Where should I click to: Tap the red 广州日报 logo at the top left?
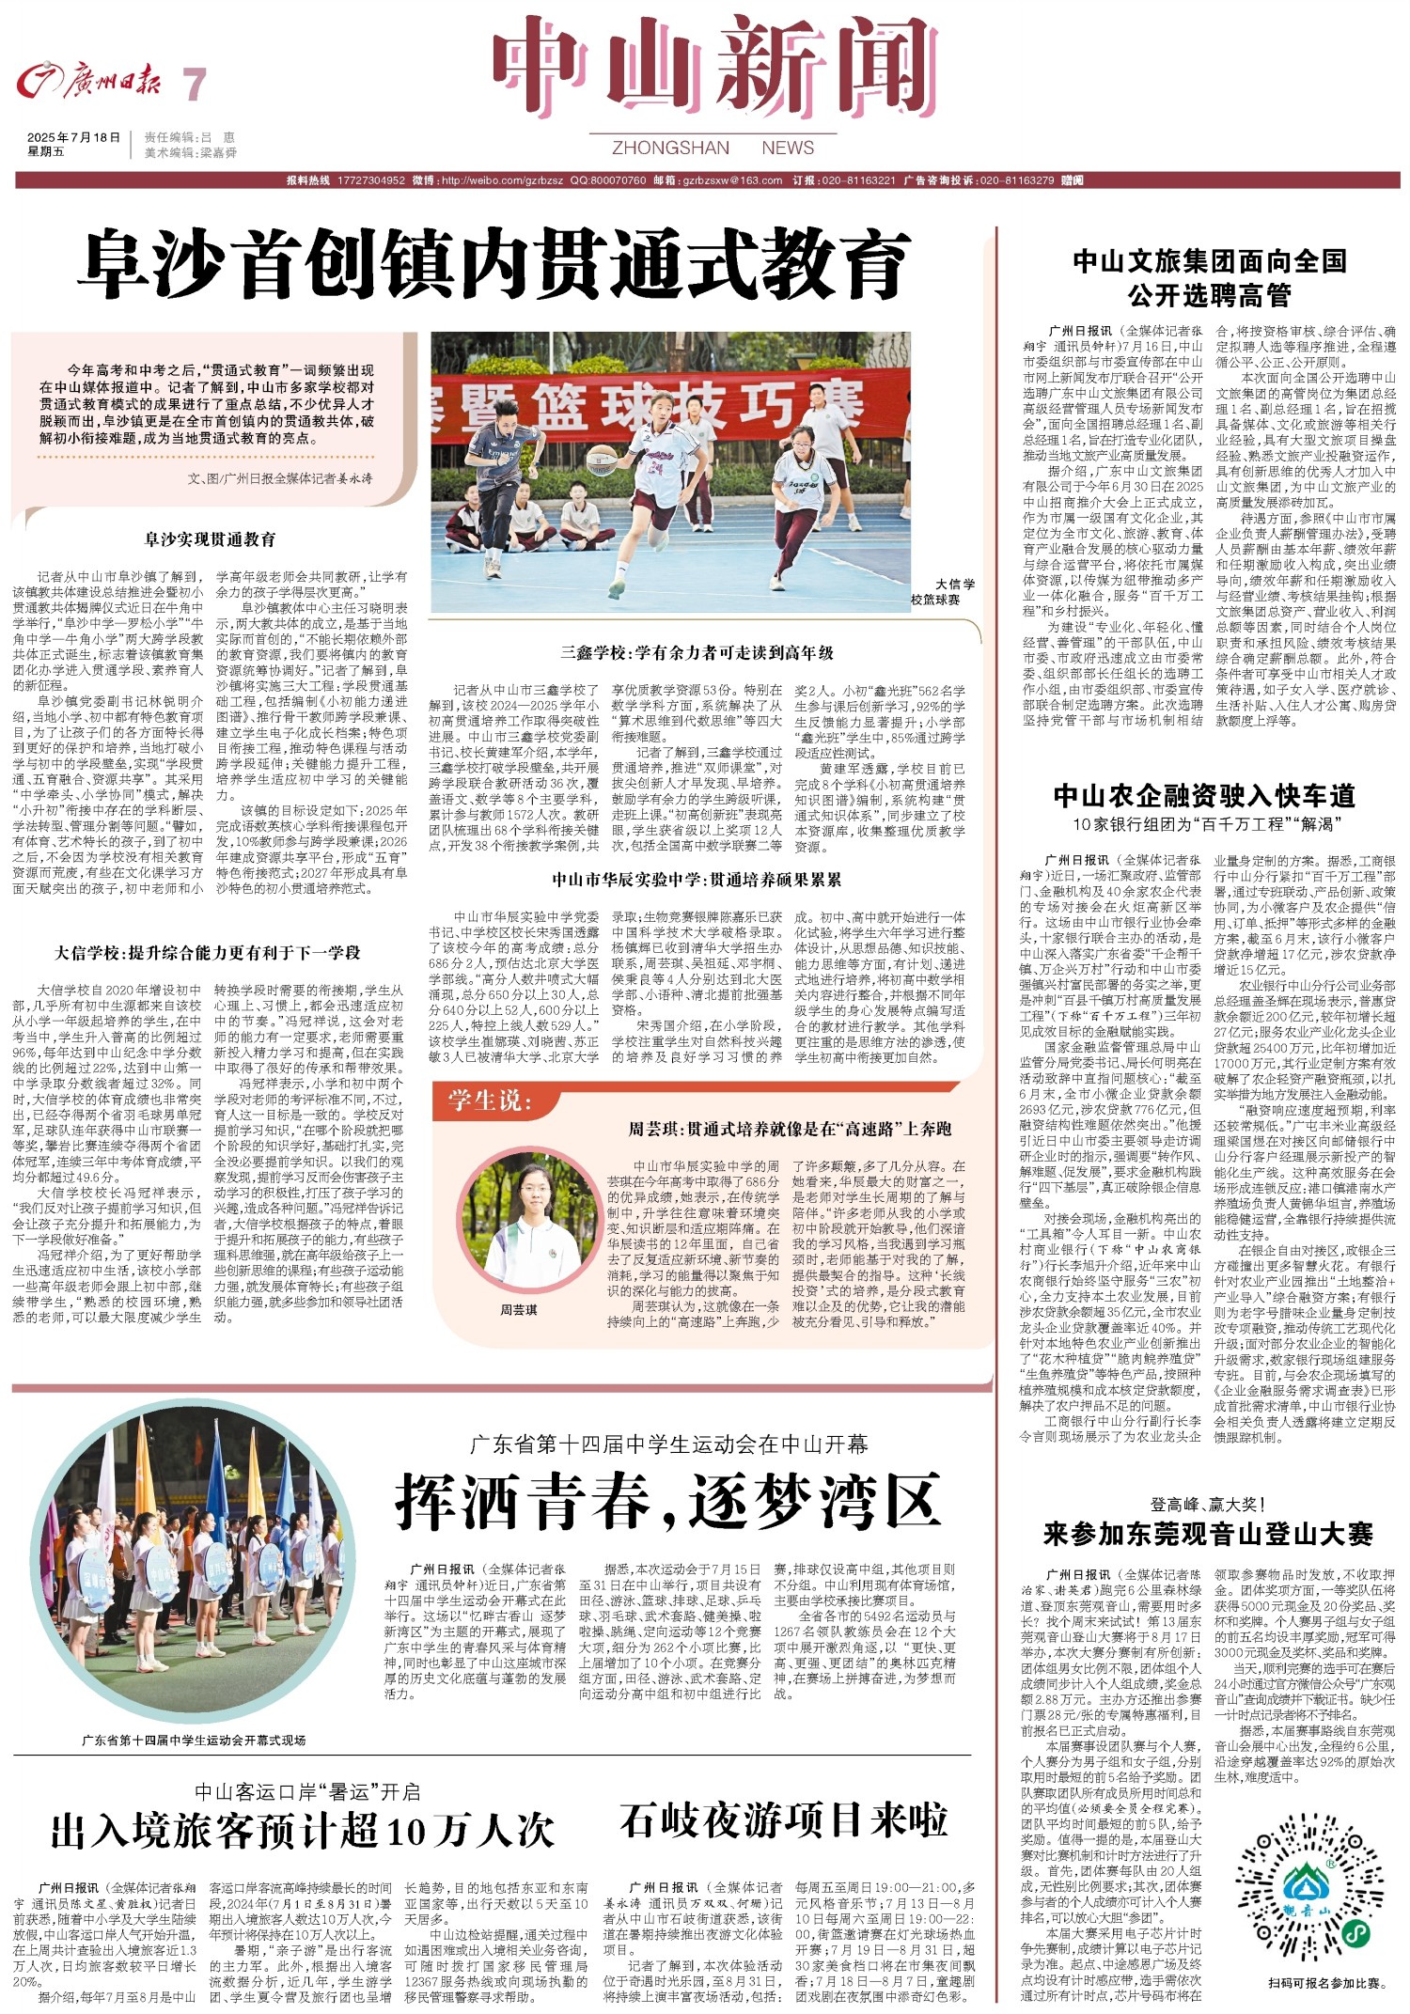(x=89, y=83)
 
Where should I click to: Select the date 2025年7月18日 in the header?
(x=74, y=137)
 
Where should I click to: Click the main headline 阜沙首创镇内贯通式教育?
(x=494, y=264)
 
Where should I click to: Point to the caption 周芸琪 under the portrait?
(x=519, y=1309)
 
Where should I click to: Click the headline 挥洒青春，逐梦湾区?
(x=668, y=1501)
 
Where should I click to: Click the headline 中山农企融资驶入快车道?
(x=1204, y=796)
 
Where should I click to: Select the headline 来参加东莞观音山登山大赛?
(x=1208, y=1535)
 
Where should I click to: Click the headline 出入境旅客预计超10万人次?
(x=303, y=1831)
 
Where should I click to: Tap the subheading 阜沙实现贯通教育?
(x=210, y=539)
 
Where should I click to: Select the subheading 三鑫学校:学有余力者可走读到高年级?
(x=697, y=652)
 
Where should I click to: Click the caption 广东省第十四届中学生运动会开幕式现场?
(x=194, y=1740)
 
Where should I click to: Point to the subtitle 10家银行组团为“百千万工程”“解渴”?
(x=1206, y=825)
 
